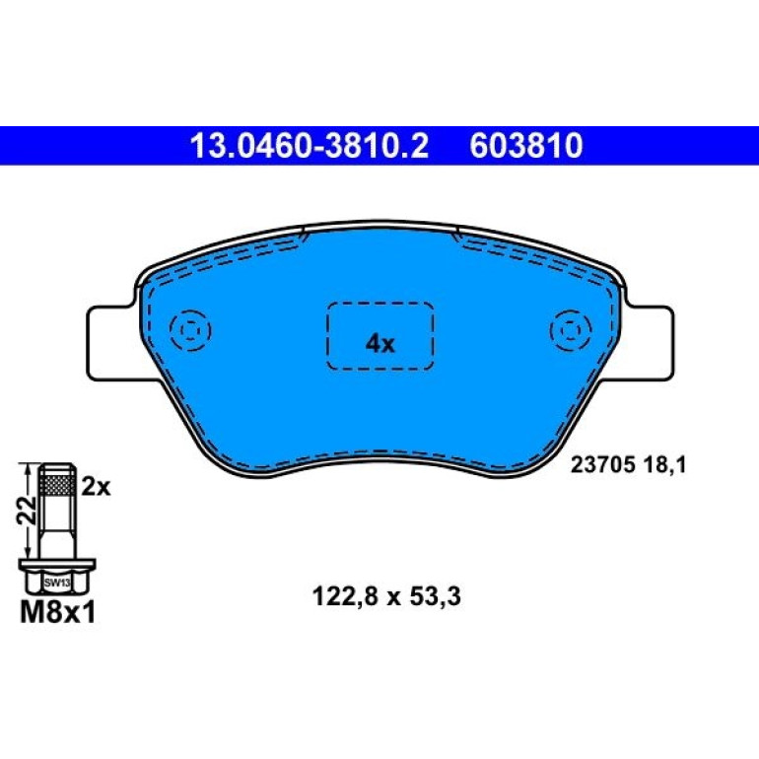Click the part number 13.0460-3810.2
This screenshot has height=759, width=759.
coord(310,146)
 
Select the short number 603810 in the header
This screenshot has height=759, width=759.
coord(526,146)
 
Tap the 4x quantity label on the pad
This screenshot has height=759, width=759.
coord(379,344)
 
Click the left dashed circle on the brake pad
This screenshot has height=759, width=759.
coord(190,330)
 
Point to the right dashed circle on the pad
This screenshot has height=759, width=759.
coord(571,330)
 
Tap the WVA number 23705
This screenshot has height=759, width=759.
coord(602,465)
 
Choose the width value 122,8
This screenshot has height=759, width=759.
coord(344,596)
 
